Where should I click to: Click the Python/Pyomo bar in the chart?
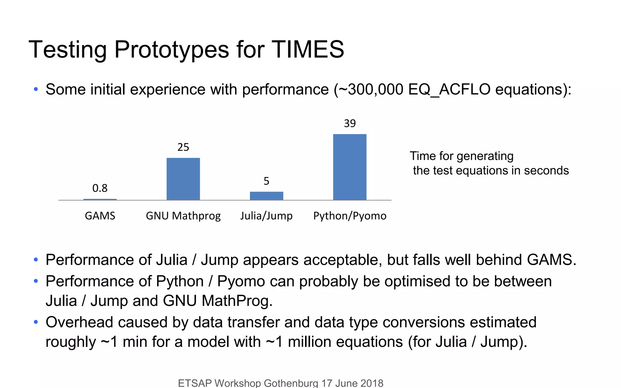[350, 167]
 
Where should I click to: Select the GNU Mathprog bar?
[183, 179]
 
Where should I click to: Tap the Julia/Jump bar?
[266, 196]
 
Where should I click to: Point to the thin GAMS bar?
[100, 199]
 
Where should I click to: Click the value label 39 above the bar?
[350, 123]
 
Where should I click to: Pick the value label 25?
[183, 147]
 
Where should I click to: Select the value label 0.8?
[100, 188]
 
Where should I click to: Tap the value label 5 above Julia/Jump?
[266, 181]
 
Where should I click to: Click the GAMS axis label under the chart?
[100, 216]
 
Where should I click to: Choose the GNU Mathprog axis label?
[183, 216]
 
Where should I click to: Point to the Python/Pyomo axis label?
[350, 216]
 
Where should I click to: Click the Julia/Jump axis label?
[266, 216]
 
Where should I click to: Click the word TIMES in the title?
[307, 49]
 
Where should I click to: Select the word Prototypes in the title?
[171, 49]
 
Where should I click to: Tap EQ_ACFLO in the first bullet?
[449, 89]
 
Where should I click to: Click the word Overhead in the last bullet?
[79, 322]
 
